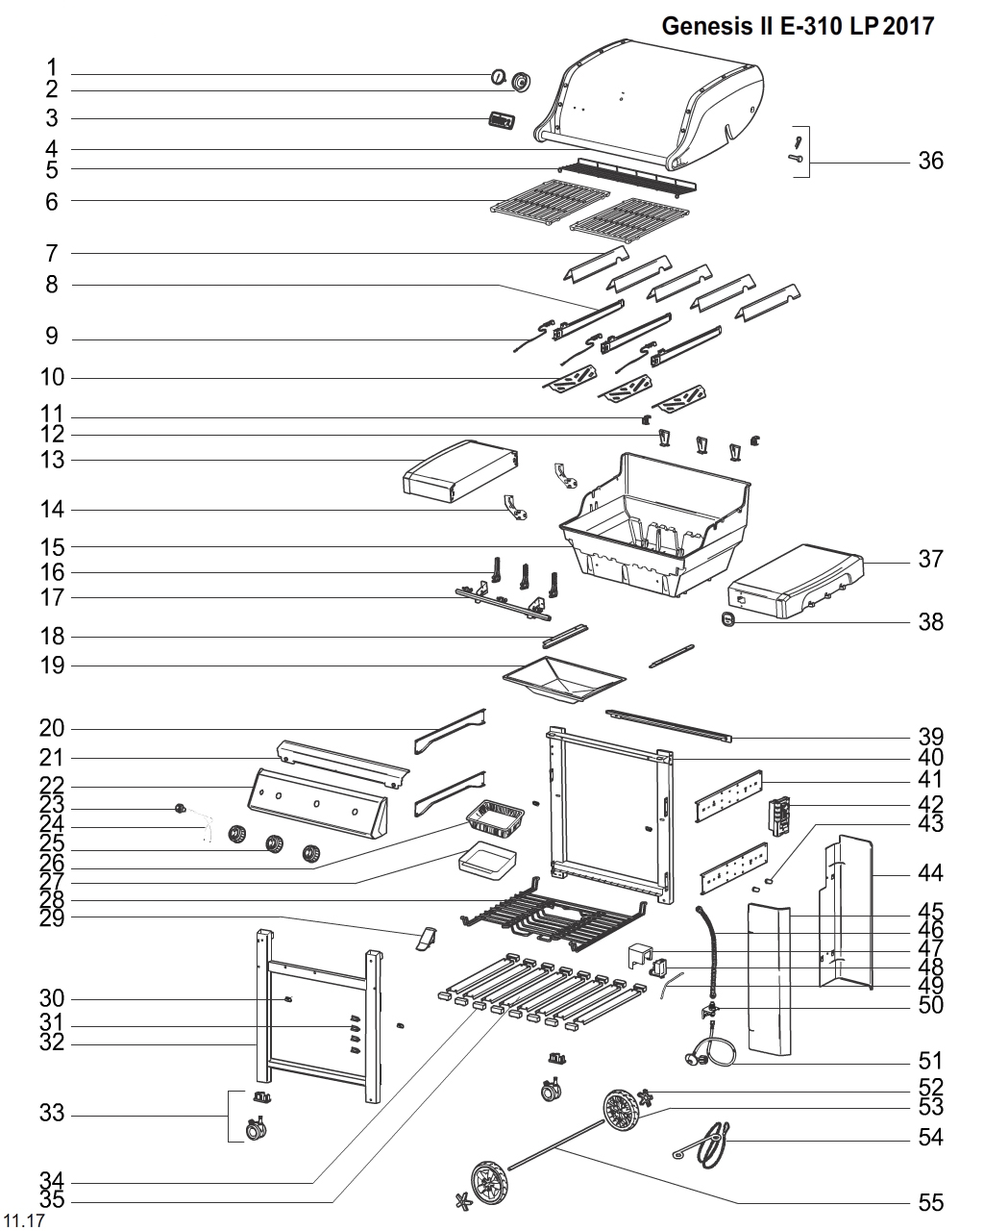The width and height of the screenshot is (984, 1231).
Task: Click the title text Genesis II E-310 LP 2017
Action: click(798, 27)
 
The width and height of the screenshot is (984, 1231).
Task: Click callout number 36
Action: click(930, 161)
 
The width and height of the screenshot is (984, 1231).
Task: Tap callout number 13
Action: click(52, 460)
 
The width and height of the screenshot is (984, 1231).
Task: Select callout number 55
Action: click(930, 1202)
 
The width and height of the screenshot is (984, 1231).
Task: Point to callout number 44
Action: click(930, 874)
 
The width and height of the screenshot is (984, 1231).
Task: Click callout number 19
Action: click(52, 665)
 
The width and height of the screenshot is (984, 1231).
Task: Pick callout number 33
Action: click(52, 1114)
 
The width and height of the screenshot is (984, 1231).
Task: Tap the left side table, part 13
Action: click(459, 471)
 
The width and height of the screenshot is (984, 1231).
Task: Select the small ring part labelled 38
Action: click(728, 621)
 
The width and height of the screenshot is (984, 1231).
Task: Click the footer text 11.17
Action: click(25, 1221)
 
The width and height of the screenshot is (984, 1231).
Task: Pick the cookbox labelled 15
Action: click(653, 524)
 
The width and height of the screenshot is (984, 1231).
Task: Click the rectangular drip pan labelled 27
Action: click(487, 861)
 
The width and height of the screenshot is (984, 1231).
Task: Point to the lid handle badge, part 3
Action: click(501, 121)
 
